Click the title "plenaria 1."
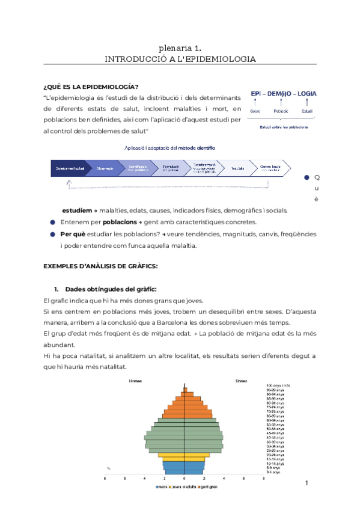tap(180, 48)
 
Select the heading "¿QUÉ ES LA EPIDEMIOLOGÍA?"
tap(91, 86)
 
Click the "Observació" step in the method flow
tap(105, 168)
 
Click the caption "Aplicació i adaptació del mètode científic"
tap(169, 147)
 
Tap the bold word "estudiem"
tap(76, 210)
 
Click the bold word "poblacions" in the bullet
tap(112, 222)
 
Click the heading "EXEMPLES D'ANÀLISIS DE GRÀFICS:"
tap(100, 265)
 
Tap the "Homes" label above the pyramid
tap(136, 381)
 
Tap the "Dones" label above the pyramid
tap(241, 381)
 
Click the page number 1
tap(306, 483)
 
